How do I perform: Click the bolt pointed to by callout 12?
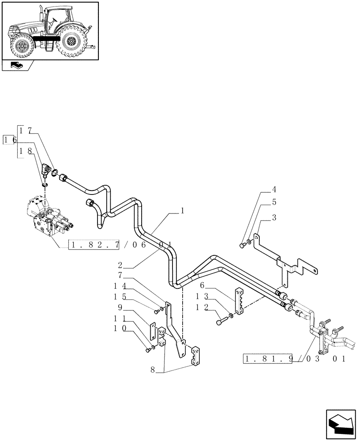[x=220, y=322]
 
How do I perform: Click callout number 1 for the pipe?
[x=182, y=211]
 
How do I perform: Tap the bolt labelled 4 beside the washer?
[x=242, y=245]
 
